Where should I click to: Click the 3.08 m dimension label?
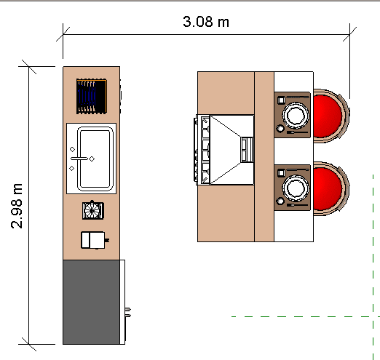206,22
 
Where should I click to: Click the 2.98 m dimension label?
17,206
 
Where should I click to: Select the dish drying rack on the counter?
92,96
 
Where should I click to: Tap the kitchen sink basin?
95,159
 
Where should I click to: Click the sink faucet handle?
79,159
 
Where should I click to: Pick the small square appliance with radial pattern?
93,210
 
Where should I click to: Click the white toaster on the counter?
94,240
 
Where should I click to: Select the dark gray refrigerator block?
91,302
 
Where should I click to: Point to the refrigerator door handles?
128,313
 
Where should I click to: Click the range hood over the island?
231,150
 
